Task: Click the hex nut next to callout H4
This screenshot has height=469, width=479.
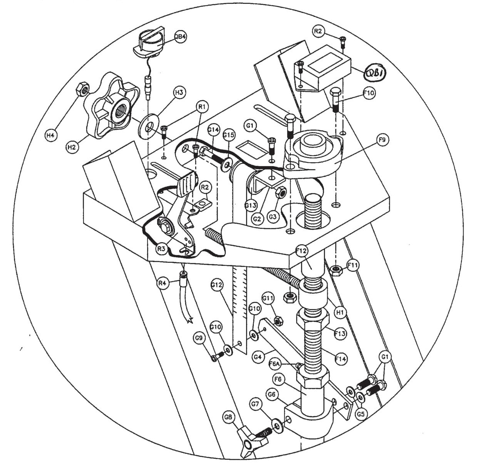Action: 82,89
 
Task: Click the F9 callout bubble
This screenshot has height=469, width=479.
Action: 382,141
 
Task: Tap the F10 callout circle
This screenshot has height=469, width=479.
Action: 368,93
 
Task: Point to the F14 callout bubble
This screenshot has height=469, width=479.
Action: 341,359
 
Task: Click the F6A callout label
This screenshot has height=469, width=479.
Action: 274,363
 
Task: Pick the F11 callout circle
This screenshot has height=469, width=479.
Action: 353,265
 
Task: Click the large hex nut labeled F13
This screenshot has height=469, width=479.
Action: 312,319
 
